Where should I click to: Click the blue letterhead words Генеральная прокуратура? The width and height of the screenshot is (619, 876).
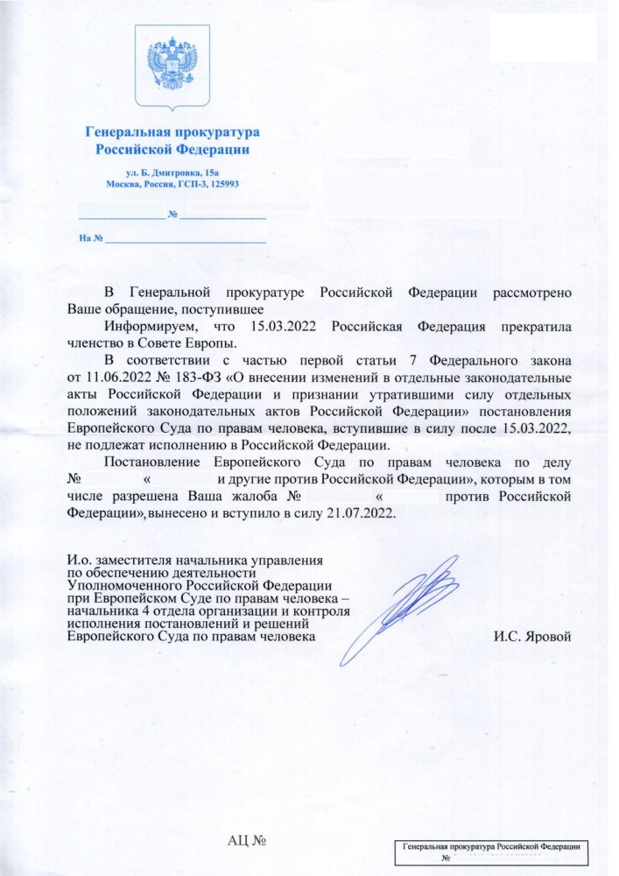172,133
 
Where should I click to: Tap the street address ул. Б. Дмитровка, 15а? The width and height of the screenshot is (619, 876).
172,173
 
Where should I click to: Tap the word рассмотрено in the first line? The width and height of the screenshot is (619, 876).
533,293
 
